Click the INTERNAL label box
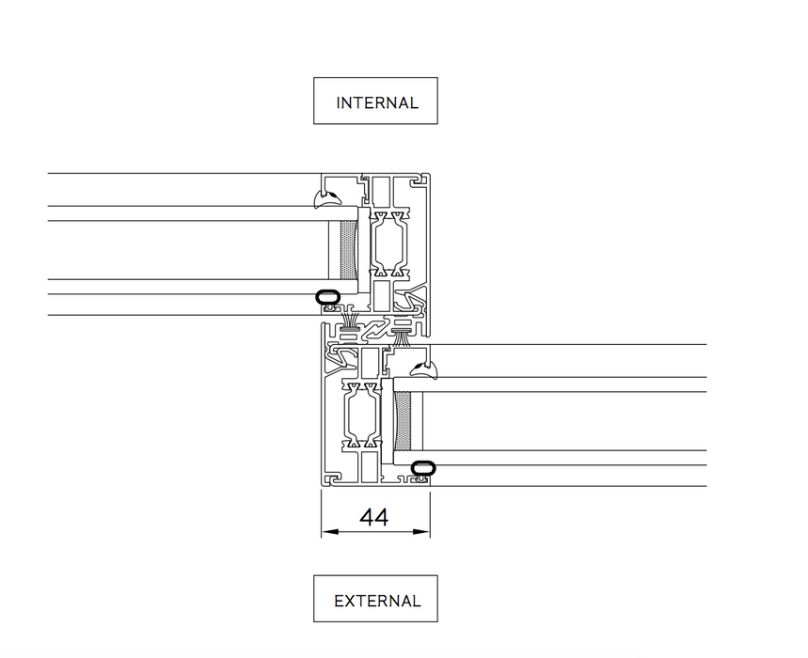375,102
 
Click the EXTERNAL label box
375,600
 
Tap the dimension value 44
374,517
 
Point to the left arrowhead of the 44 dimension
327,533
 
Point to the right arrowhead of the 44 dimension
424,533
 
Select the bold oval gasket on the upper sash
326,298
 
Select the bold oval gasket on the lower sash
423,467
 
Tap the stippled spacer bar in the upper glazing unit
349,250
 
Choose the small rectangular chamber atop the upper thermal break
382,193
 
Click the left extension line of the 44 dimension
322,512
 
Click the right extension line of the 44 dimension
430,512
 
